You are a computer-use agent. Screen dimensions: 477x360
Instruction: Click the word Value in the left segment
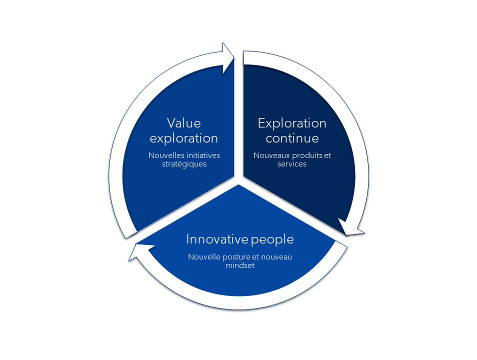(183, 123)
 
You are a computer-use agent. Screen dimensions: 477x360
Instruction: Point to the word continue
(292, 138)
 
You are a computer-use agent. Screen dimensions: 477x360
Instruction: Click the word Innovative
(217, 239)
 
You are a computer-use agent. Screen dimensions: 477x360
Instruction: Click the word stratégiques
(184, 164)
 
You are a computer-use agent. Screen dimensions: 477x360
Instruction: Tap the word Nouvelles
(166, 155)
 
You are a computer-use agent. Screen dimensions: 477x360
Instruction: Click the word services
(291, 164)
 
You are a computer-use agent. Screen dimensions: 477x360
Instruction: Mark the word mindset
(240, 265)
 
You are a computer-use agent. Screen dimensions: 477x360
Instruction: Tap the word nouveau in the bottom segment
(276, 257)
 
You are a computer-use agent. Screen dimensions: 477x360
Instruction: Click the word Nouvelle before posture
(204, 257)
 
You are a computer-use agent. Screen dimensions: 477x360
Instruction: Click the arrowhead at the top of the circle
(228, 57)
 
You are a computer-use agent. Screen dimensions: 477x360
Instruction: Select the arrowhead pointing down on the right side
(351, 227)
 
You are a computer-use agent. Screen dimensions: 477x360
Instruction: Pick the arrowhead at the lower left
(138, 252)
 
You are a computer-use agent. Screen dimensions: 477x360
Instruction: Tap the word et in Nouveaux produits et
(327, 156)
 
